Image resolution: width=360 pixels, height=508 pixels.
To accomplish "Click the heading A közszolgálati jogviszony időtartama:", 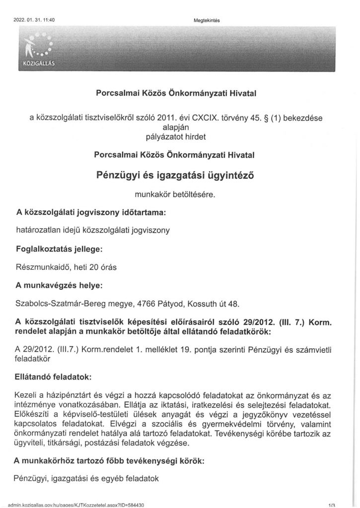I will click(91, 213).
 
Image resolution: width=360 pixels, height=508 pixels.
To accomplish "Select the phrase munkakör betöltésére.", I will click(180, 195).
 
